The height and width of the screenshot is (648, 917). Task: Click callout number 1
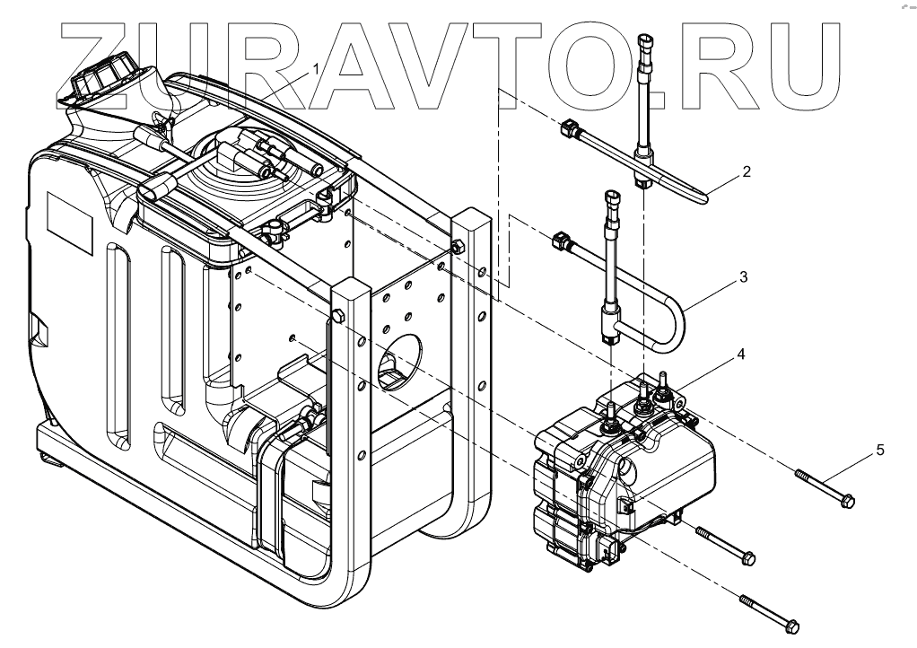pyautogui.click(x=315, y=68)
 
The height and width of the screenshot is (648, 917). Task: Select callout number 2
pyautogui.click(x=746, y=171)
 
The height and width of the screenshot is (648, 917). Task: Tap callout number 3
pyautogui.click(x=743, y=277)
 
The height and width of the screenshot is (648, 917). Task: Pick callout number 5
pyautogui.click(x=880, y=449)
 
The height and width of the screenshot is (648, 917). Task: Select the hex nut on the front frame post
pyautogui.click(x=336, y=316)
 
